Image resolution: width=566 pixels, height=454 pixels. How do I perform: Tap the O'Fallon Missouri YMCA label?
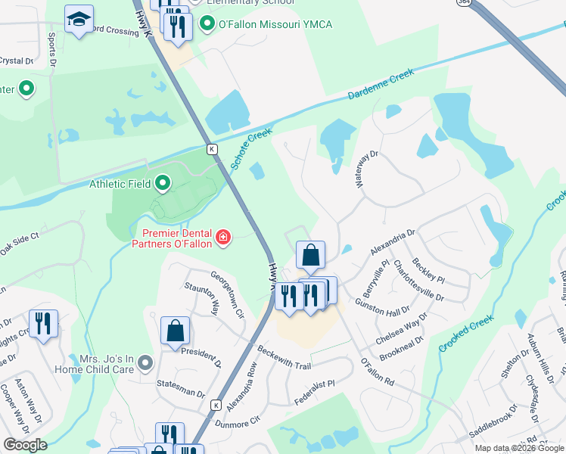tap(275, 25)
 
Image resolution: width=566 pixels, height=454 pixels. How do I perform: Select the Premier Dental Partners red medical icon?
tap(222, 238)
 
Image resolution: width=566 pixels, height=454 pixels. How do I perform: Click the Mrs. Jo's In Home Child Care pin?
tap(146, 363)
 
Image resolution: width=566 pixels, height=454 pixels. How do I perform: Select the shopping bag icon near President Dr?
tap(175, 331)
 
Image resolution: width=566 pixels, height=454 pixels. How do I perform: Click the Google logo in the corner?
tap(25, 445)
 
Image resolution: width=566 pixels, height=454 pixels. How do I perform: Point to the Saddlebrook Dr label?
tap(493, 425)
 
